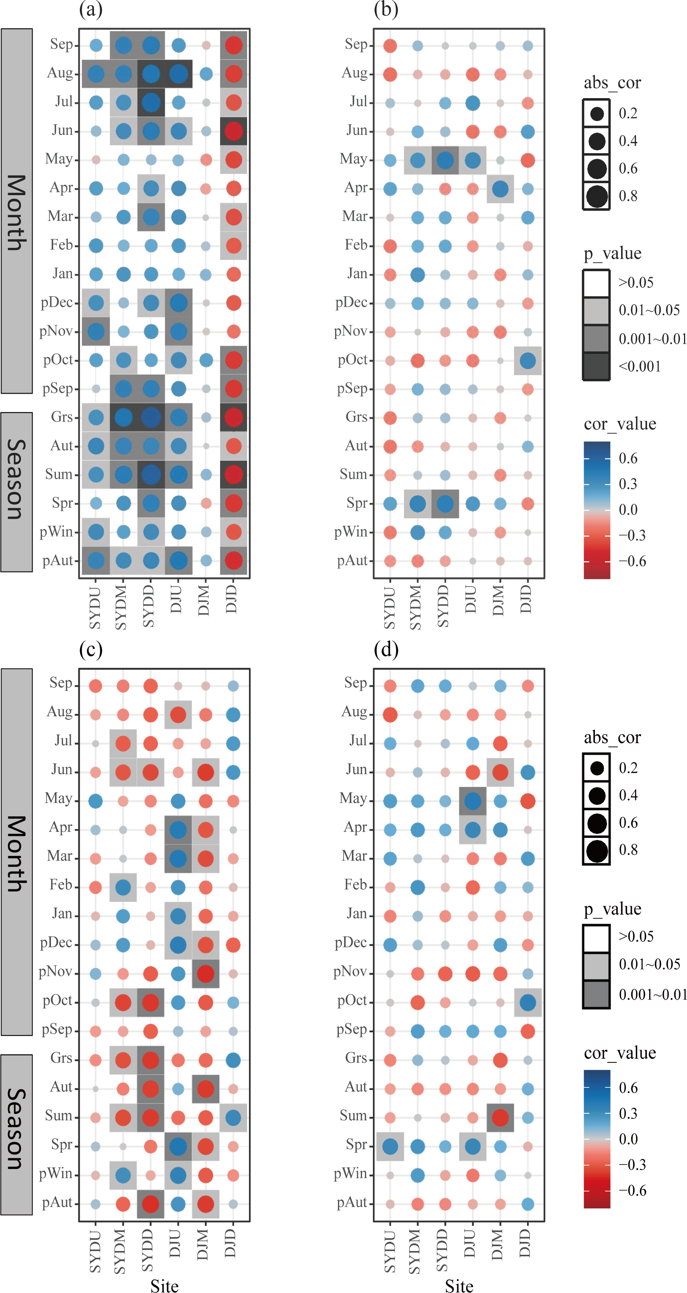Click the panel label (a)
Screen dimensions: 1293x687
coord(91,9)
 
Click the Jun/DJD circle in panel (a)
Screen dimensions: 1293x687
coord(233,131)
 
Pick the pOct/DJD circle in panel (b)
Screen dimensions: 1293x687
coord(528,360)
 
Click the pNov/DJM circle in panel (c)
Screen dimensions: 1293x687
coord(205,974)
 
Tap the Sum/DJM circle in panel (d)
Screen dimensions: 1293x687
coord(500,1118)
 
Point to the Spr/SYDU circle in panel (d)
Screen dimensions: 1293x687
coord(390,1147)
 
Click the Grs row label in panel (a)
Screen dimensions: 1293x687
coord(62,417)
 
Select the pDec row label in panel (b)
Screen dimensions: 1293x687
coord(351,303)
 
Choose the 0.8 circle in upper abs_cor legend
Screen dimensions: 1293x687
coord(596,196)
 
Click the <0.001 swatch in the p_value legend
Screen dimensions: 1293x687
coord(596,366)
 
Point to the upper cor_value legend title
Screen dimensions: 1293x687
coord(619,424)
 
